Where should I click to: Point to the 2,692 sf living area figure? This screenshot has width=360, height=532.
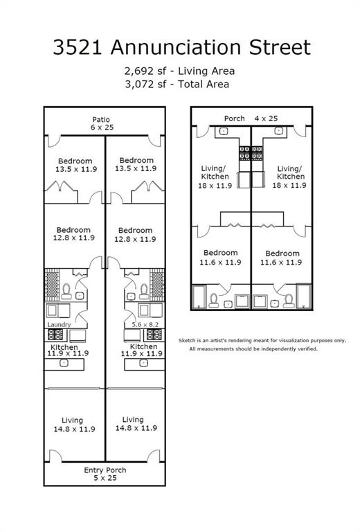143,71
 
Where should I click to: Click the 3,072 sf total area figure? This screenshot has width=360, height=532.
143,84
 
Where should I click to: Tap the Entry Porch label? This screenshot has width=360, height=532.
105,470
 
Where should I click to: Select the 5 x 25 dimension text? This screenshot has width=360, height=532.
105,478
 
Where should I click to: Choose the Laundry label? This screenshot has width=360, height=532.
60,324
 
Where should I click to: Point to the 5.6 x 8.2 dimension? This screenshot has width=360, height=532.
146,324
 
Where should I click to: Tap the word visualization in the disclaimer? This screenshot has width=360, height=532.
282,340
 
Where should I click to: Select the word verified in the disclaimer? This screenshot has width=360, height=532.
305,349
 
